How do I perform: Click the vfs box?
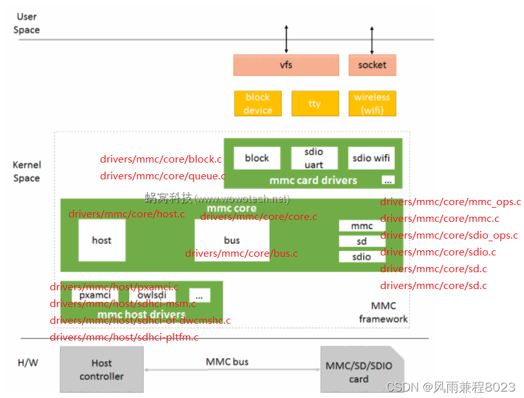(286, 65)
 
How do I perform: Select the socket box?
(372, 65)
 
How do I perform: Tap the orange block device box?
(257, 103)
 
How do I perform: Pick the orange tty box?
(315, 103)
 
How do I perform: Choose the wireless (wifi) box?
(372, 103)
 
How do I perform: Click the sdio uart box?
(314, 158)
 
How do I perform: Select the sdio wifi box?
(372, 158)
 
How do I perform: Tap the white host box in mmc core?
(101, 240)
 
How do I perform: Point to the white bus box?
(232, 240)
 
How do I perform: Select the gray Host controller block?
(101, 370)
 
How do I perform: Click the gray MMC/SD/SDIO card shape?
(359, 370)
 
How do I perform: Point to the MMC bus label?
(227, 362)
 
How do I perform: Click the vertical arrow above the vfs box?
(287, 39)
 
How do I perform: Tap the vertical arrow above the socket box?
(372, 39)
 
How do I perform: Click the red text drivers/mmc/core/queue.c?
(163, 175)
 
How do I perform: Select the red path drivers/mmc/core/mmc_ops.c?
(450, 202)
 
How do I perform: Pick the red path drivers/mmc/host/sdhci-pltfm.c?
(124, 337)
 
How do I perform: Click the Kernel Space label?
(26, 172)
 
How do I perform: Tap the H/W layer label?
(28, 363)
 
